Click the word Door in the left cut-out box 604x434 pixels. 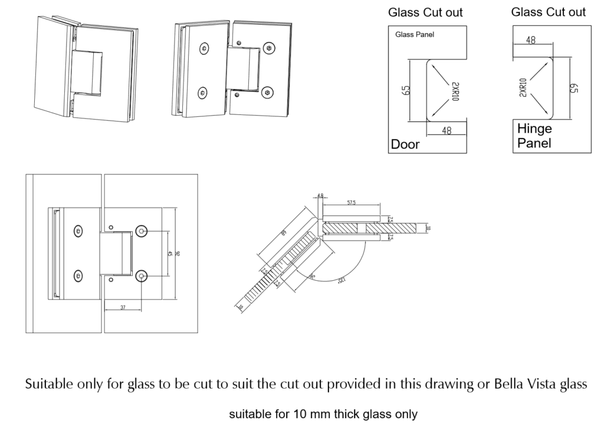405,144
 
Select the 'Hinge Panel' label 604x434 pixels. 534,136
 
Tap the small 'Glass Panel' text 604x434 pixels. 414,35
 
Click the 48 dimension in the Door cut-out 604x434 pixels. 447,131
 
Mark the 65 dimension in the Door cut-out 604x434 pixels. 405,90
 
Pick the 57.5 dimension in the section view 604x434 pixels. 352,203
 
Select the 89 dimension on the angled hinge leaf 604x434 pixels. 284,234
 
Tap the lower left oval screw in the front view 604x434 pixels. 78,275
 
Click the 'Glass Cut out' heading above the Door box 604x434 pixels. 425,12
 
